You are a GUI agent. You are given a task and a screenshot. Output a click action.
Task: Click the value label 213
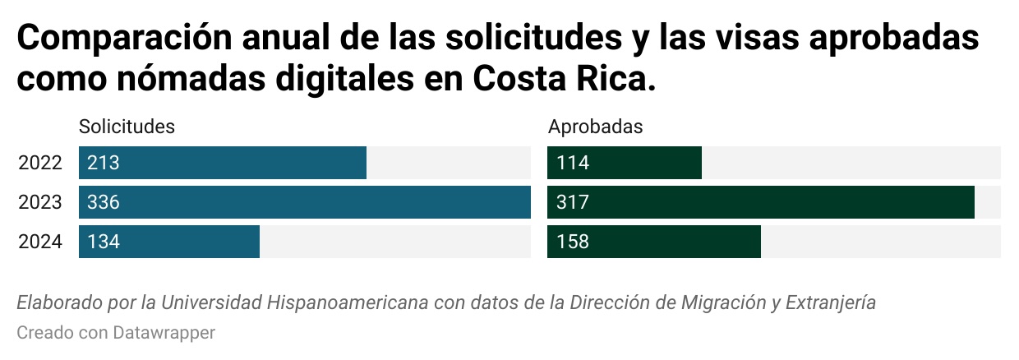[x=104, y=163]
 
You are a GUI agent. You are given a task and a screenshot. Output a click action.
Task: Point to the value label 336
[x=104, y=202]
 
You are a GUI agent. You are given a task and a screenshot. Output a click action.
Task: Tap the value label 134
[x=104, y=242]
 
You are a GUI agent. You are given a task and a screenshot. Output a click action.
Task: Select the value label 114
[x=573, y=163]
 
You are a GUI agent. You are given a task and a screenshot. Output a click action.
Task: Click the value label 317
[x=573, y=202]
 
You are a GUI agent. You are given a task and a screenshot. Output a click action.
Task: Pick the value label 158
[x=573, y=242]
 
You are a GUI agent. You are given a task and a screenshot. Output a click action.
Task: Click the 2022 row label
[x=40, y=163]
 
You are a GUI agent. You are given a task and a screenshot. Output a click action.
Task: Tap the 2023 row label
[x=40, y=202]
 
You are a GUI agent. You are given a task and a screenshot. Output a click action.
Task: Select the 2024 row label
[x=40, y=242]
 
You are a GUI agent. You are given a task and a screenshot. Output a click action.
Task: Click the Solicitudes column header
[x=127, y=127]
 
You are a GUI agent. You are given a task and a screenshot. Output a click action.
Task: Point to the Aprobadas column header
[x=595, y=127]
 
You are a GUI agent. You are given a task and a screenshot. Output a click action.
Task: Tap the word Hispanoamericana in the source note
[x=347, y=302]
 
